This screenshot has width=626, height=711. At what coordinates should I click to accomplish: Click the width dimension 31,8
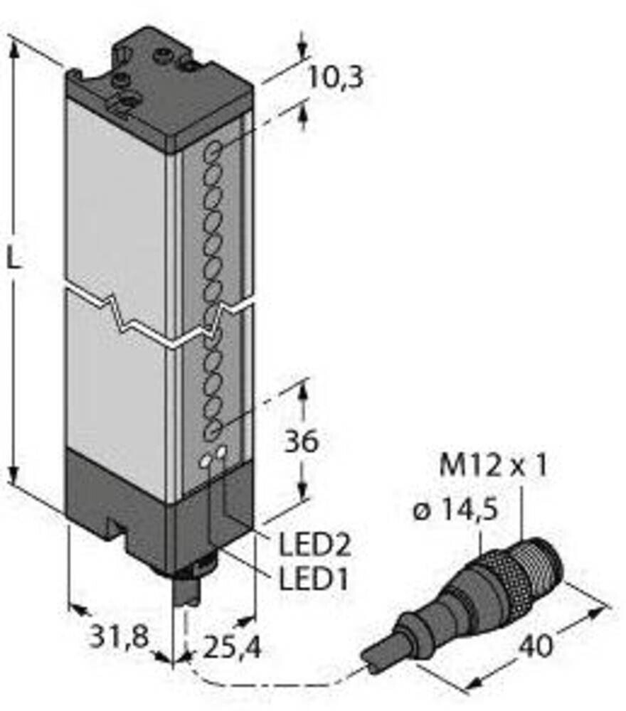click(118, 637)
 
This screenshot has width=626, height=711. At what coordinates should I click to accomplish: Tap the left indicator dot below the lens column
click(206, 463)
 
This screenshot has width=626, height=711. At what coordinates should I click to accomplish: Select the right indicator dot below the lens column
click(223, 452)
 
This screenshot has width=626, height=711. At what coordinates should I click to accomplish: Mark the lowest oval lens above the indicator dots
click(212, 429)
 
